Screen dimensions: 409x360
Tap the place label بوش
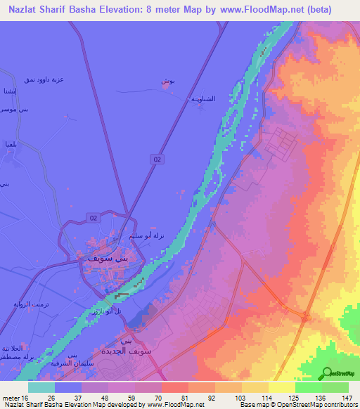pyautogui.click(x=167, y=82)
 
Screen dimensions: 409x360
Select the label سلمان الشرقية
pyautogui.click(x=73, y=364)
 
